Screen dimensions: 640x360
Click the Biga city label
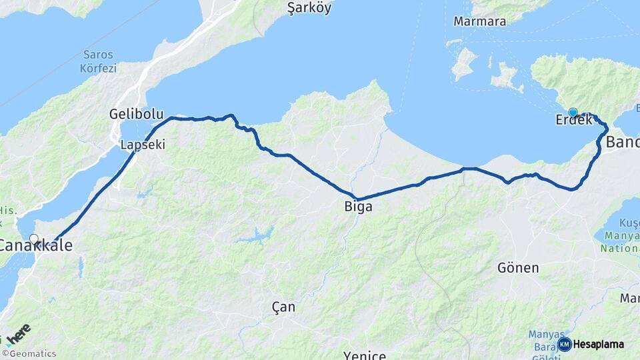[358, 207]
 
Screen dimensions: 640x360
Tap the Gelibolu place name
[136, 114]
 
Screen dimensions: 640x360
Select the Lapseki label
[143, 144]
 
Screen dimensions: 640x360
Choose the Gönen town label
[518, 267]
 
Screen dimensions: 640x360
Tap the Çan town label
[283, 307]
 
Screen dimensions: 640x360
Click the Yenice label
[365, 355]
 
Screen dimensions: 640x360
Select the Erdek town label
[574, 121]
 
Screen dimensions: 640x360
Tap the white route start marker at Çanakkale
[33, 239]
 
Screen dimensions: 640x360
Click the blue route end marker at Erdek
[573, 112]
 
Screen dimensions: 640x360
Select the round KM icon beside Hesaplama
[564, 344]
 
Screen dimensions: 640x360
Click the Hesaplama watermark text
[599, 344]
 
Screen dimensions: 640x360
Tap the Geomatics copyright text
[30, 354]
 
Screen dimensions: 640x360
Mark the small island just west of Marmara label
[464, 64]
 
